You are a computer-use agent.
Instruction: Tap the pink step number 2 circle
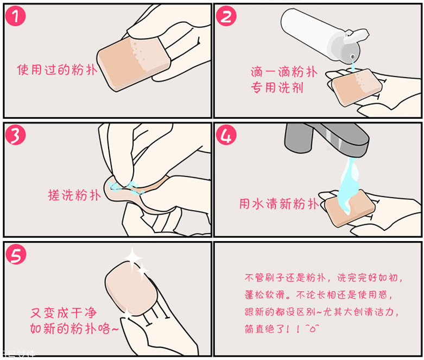[227, 17]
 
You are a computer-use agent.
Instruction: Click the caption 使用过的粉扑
[57, 70]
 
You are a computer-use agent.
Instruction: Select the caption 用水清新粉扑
[279, 204]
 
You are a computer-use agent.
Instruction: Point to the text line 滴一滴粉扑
[283, 72]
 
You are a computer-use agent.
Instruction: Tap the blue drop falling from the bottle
[352, 66]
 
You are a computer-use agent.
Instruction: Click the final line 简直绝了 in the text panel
[281, 329]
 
